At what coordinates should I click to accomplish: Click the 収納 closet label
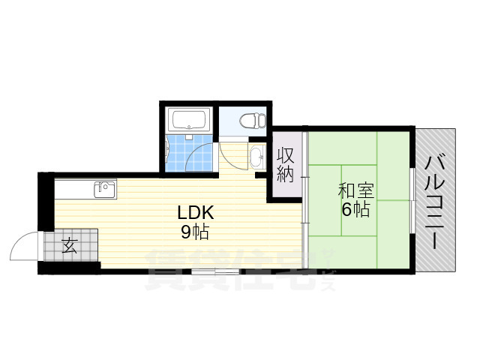286,165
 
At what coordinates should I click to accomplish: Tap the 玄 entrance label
69,245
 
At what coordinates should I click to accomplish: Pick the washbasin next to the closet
256,157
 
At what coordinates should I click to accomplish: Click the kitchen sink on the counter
104,189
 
